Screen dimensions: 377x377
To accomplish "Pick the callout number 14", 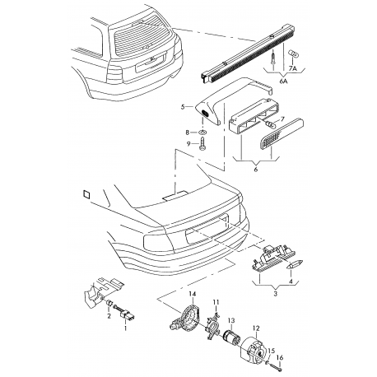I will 193,295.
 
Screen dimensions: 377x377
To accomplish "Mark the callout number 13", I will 231,320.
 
